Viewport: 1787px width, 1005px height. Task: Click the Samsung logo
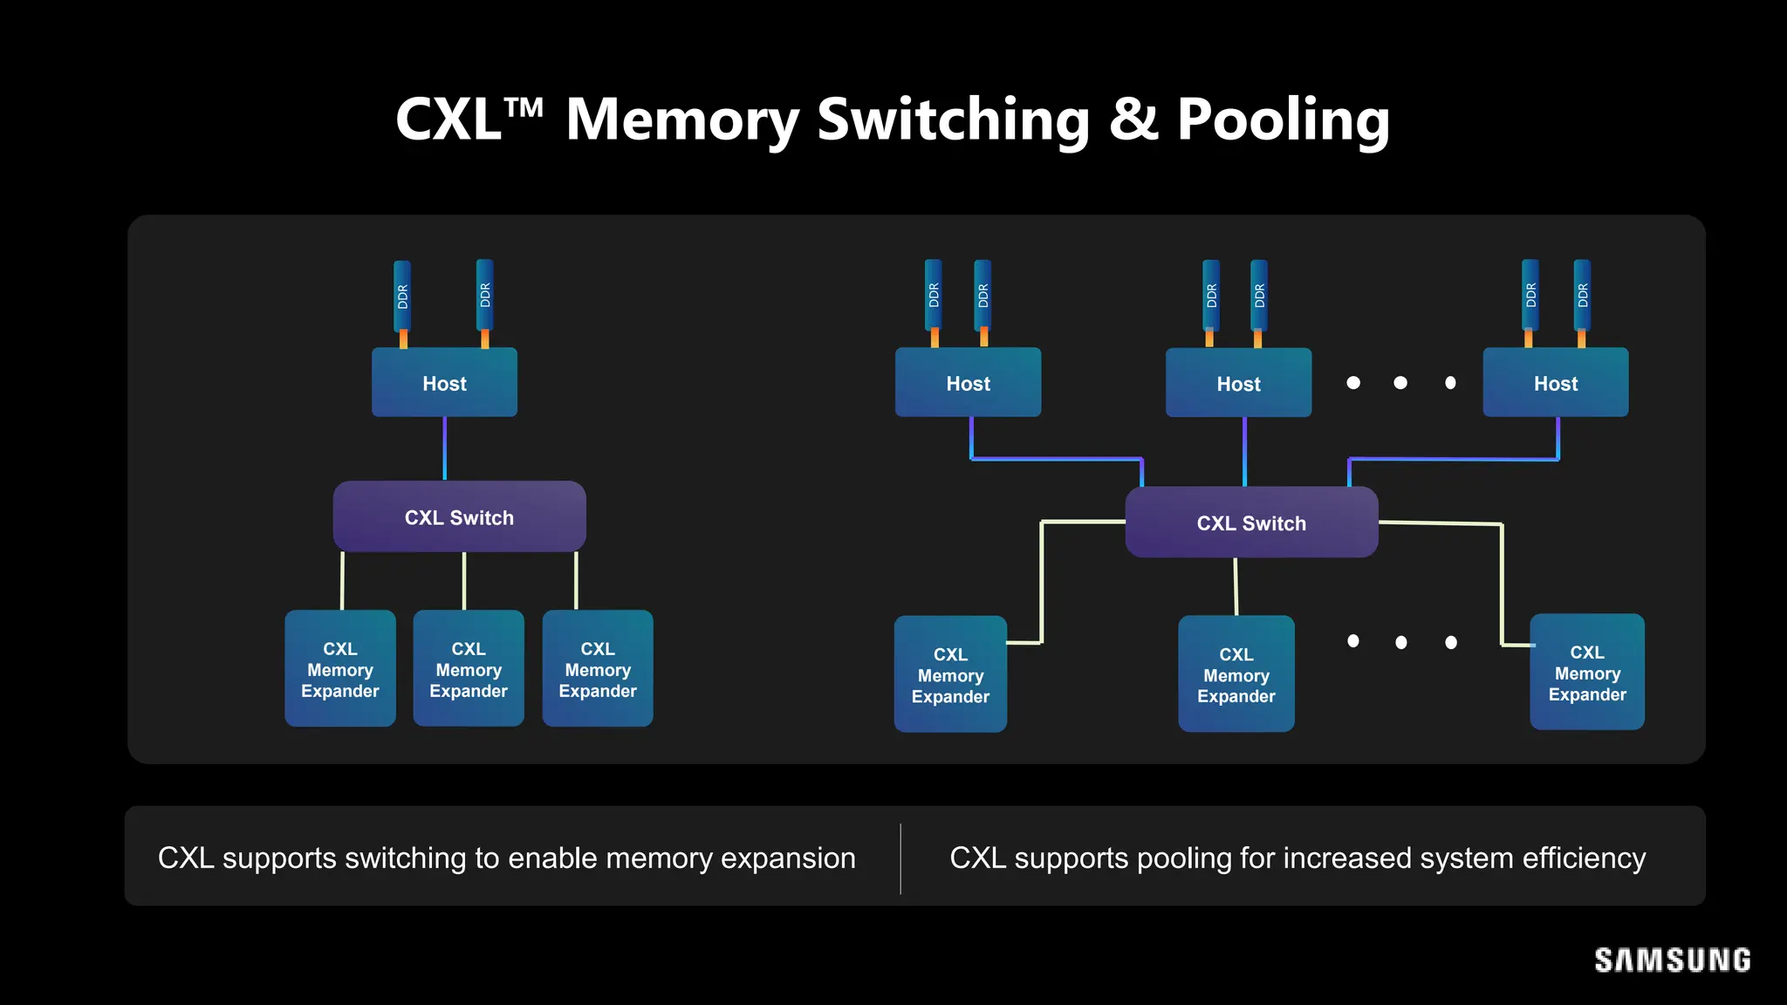[x=1672, y=961]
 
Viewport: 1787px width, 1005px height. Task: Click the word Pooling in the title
[x=1283, y=120]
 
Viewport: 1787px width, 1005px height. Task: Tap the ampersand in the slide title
[x=1133, y=120]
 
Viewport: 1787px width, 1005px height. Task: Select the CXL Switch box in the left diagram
[x=459, y=516]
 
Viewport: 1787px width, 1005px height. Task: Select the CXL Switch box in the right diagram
[x=1251, y=523]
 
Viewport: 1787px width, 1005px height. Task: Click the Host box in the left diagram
[x=444, y=383]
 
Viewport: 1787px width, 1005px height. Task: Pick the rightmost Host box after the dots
[x=1555, y=383]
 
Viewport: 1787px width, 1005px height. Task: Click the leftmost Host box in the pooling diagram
[x=968, y=383]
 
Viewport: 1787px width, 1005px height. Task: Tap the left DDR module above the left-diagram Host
[x=402, y=296]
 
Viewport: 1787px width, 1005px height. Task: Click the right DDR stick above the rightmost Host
[x=1582, y=296]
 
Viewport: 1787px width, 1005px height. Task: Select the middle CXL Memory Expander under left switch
[x=469, y=669]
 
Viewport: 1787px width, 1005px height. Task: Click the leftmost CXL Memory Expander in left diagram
[x=340, y=669]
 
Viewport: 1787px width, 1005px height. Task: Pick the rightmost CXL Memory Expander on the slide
[x=1586, y=673]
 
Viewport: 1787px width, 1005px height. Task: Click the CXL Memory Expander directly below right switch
[x=1236, y=674]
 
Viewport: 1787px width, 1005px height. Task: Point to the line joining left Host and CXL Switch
[x=445, y=448]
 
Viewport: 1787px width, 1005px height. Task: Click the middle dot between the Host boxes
[x=1400, y=383]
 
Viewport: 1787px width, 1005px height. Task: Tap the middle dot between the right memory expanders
[x=1400, y=642]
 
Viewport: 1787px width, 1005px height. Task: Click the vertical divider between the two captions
[x=900, y=858]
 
